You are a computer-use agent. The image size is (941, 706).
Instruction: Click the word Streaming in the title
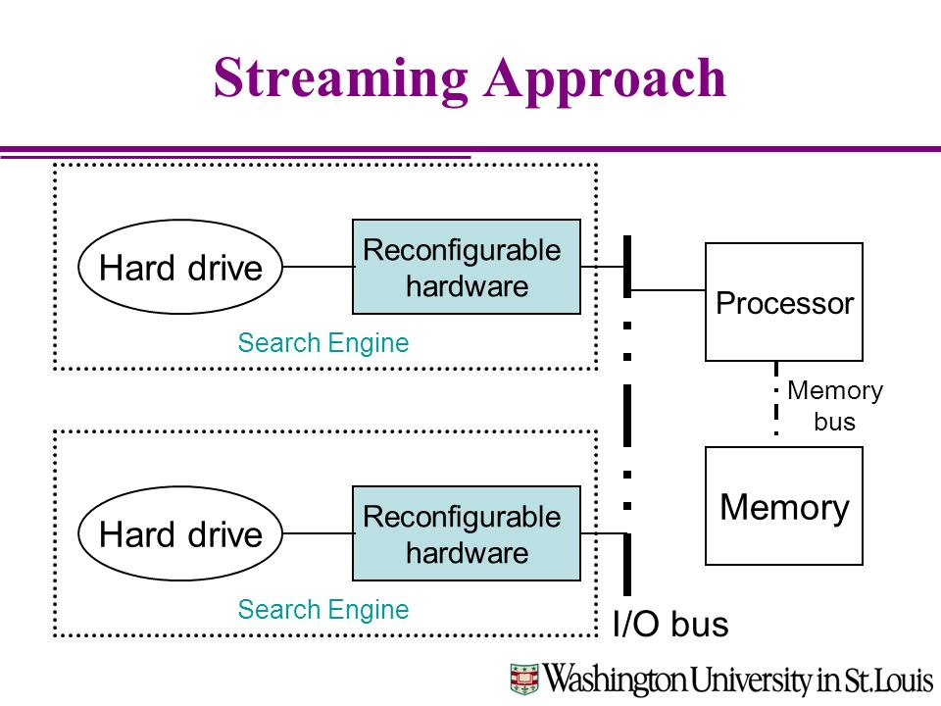tap(340, 79)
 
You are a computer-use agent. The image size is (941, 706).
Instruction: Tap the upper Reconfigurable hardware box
tap(467, 267)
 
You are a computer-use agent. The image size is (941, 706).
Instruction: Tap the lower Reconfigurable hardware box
tap(467, 533)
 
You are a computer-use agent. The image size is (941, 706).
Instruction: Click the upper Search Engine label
tap(322, 343)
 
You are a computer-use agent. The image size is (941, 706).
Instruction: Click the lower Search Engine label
tap(322, 610)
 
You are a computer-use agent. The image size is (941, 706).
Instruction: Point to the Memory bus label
tap(835, 406)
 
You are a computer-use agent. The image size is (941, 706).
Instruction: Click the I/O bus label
tap(670, 624)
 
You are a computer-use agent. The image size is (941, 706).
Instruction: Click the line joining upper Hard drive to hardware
tap(318, 267)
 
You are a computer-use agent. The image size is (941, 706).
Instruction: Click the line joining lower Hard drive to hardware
tap(318, 533)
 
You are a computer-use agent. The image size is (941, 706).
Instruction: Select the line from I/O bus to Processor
tap(668, 290)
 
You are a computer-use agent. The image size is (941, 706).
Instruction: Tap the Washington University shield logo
tap(524, 679)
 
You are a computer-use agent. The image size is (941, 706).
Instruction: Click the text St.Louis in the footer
tap(888, 680)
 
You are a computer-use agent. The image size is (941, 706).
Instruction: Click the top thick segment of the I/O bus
tap(627, 267)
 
